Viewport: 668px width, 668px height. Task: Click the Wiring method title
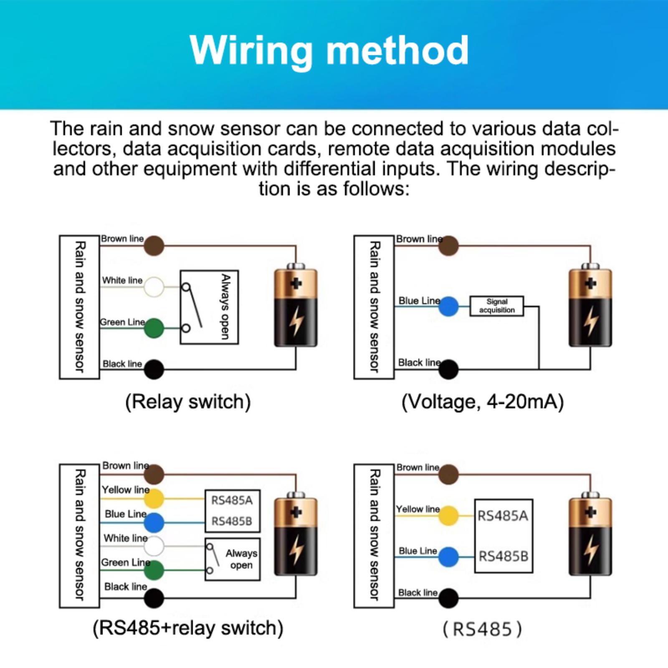pyautogui.click(x=329, y=51)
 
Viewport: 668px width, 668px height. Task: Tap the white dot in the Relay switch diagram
pyautogui.click(x=154, y=287)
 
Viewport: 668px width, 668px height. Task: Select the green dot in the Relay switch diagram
pyautogui.click(x=154, y=328)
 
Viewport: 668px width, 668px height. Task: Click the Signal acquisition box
pyautogui.click(x=496, y=306)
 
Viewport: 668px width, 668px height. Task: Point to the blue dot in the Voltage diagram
pyautogui.click(x=448, y=306)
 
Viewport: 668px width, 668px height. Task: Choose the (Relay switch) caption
pyautogui.click(x=188, y=402)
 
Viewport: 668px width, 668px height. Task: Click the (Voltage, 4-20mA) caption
pyautogui.click(x=483, y=402)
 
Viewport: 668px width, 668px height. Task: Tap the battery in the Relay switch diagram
pyautogui.click(x=296, y=306)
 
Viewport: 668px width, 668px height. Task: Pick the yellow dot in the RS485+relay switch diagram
pyautogui.click(x=154, y=498)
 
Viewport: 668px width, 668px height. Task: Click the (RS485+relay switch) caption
pyautogui.click(x=188, y=628)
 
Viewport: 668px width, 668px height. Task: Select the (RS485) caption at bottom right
pyautogui.click(x=483, y=629)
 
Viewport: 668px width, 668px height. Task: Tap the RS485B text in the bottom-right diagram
pyautogui.click(x=503, y=557)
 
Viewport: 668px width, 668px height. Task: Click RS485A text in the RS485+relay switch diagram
pyautogui.click(x=232, y=500)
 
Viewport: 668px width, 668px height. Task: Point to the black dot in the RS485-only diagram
pyautogui.click(x=448, y=598)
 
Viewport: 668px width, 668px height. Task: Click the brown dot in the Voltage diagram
pyautogui.click(x=448, y=245)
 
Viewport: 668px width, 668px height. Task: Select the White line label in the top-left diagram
pyautogui.click(x=122, y=280)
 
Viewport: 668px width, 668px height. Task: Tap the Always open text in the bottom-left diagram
pyautogui.click(x=241, y=559)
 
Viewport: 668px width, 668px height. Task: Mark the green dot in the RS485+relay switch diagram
pyautogui.click(x=154, y=570)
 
